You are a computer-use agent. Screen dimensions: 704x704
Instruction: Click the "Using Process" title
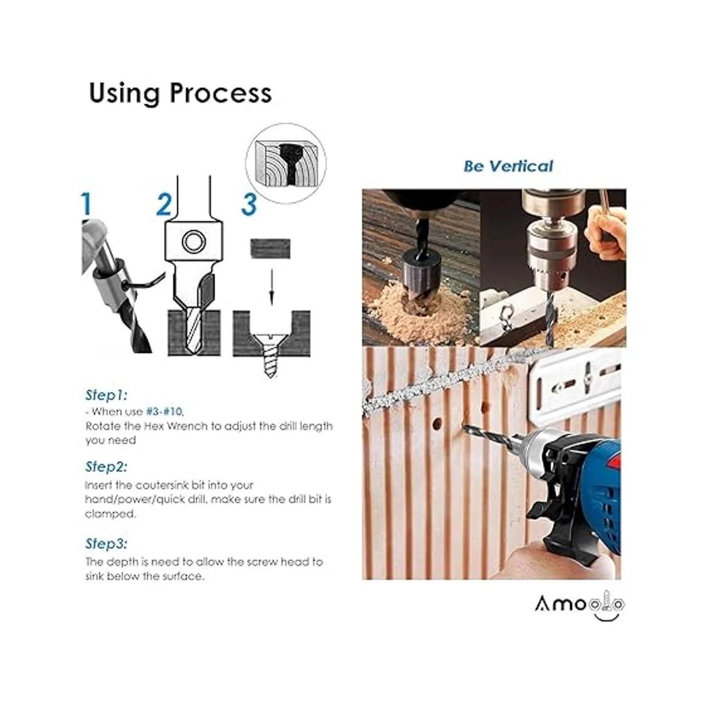(180, 94)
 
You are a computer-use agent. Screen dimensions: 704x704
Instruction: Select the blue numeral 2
(164, 204)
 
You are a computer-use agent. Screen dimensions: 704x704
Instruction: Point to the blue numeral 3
(248, 204)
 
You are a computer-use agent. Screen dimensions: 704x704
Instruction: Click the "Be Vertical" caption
(508, 166)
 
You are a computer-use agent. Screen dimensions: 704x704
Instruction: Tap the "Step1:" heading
(106, 395)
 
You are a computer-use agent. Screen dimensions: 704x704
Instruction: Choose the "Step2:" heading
(106, 466)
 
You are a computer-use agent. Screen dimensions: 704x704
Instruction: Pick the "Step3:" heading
(106, 543)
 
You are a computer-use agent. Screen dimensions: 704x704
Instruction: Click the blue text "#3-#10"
(164, 412)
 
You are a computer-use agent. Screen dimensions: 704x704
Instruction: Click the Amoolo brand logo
(580, 605)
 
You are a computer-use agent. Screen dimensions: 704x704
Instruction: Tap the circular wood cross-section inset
(286, 163)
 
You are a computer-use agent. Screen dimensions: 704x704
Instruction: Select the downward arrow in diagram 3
(271, 287)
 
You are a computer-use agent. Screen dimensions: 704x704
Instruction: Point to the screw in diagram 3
(270, 354)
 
